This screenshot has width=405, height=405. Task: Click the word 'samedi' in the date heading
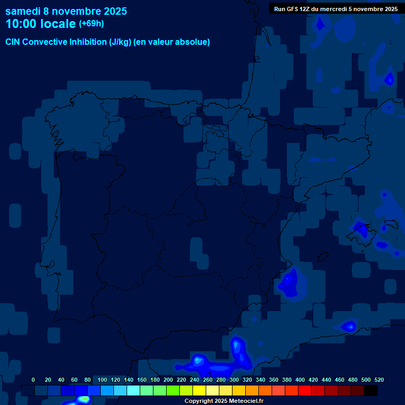tap(23, 11)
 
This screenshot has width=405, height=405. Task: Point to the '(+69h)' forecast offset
tap(91, 24)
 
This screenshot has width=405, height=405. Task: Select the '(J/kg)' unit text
tap(121, 42)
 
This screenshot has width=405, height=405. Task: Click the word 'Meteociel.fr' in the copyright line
tap(245, 401)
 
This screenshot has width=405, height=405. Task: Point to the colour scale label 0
tap(33, 380)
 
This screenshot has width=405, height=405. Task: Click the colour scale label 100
tap(102, 380)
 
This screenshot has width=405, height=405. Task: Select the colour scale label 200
tap(168, 380)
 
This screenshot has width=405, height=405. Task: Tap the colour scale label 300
tap(234, 380)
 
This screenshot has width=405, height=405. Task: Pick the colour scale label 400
tap(300, 380)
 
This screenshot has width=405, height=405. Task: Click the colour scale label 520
tap(379, 380)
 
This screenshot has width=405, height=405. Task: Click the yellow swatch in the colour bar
tap(199, 390)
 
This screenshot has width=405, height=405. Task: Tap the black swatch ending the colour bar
tap(370, 390)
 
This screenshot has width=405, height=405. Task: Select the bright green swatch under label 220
tap(172, 390)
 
